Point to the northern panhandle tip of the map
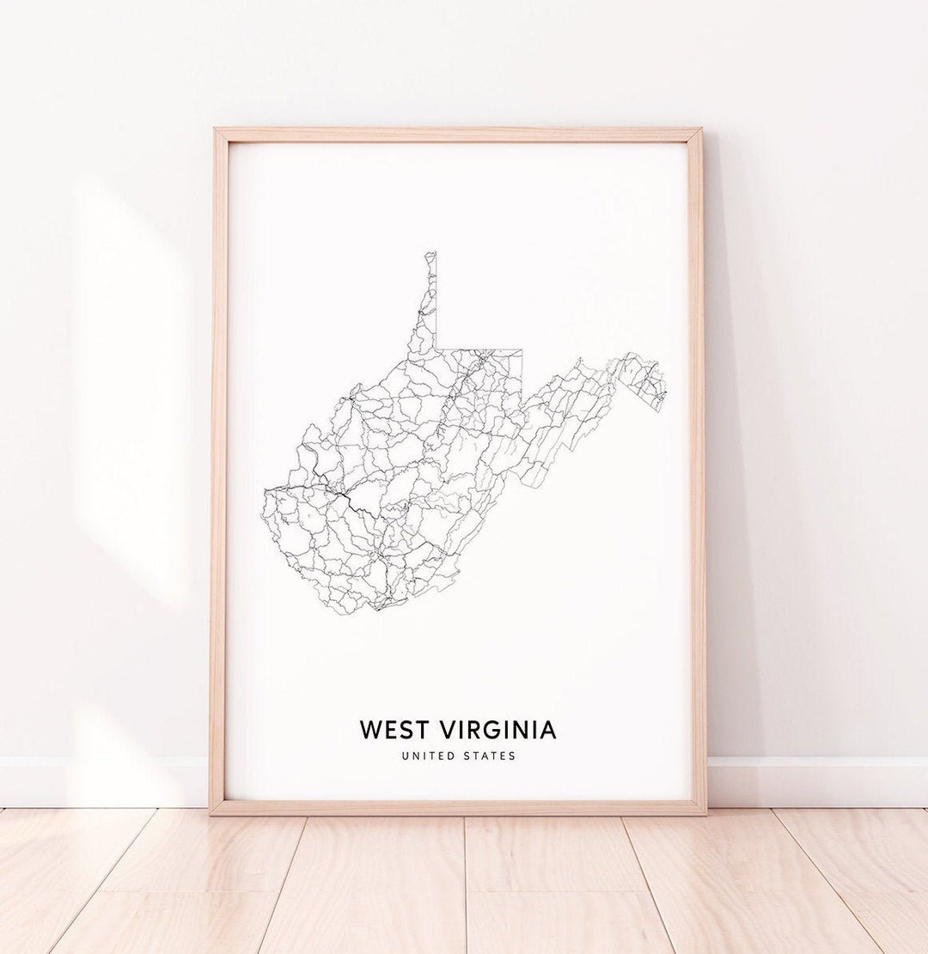click(x=431, y=253)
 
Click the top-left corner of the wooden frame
click(x=216, y=131)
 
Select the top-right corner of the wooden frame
click(x=699, y=131)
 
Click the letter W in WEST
click(x=370, y=730)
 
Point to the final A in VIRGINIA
click(x=547, y=730)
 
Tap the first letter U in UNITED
click(x=405, y=756)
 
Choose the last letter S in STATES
click(x=513, y=756)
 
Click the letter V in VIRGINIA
click(x=449, y=730)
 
